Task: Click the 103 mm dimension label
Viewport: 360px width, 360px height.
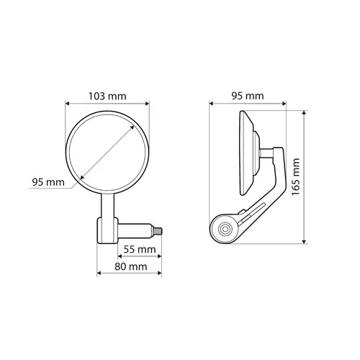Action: coord(107,96)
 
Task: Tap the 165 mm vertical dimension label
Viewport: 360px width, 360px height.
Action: coord(296,177)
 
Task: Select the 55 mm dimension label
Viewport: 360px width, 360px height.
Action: coord(140,250)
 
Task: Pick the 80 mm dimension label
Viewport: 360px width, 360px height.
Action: coord(130,266)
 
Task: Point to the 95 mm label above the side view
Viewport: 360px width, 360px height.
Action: coord(248,96)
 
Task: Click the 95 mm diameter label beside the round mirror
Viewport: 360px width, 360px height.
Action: coord(48,182)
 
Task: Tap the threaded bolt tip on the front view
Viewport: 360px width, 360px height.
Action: coord(158,231)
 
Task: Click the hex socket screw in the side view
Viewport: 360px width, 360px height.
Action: coord(225,229)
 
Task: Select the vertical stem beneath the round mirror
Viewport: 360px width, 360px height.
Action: coord(108,206)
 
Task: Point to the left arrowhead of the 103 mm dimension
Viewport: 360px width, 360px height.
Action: coord(68,104)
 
